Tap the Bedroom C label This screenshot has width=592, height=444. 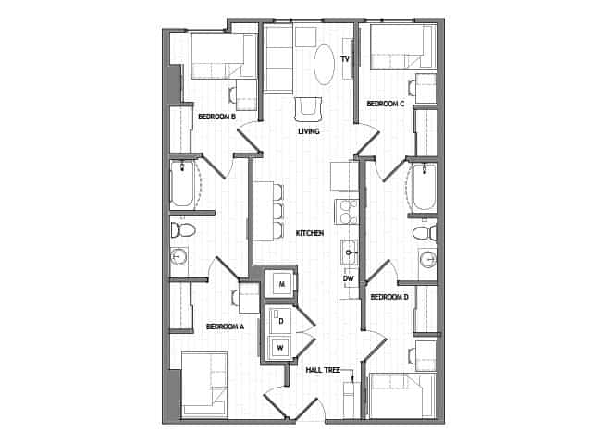click(386, 105)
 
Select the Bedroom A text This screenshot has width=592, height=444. click(225, 327)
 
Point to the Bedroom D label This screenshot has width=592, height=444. click(388, 297)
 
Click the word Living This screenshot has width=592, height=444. click(309, 131)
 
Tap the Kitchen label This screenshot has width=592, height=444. click(309, 233)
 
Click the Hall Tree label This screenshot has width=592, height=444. click(323, 370)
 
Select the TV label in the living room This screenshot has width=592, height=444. click(344, 59)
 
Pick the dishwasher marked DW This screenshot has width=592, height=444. click(349, 278)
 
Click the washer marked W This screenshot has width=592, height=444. click(280, 348)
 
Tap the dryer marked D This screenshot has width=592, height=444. click(280, 321)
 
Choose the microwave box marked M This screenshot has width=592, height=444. click(280, 283)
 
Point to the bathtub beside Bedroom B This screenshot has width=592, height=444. click(183, 184)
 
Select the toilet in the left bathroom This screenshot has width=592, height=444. click(183, 228)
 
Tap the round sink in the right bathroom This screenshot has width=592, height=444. click(427, 259)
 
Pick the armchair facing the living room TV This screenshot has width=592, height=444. click(308, 109)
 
